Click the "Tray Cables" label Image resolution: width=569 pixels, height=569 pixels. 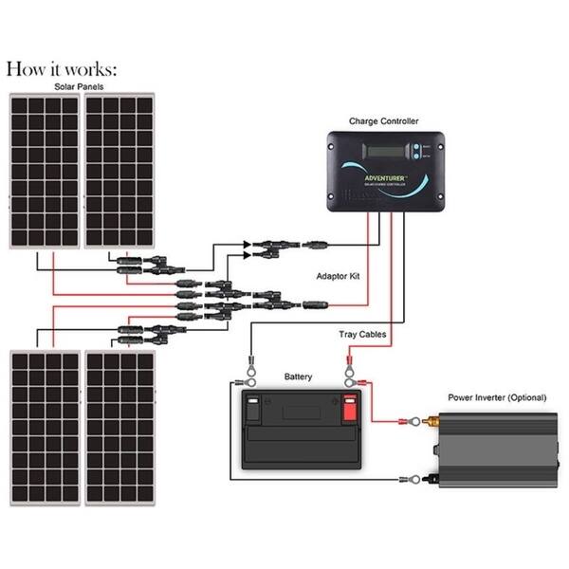(361, 334)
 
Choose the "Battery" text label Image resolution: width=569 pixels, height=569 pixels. (298, 376)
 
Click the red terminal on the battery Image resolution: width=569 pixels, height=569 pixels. (348, 411)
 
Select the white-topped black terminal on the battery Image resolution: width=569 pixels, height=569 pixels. (253, 411)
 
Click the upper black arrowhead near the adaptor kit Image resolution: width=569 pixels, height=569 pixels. (248, 244)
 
